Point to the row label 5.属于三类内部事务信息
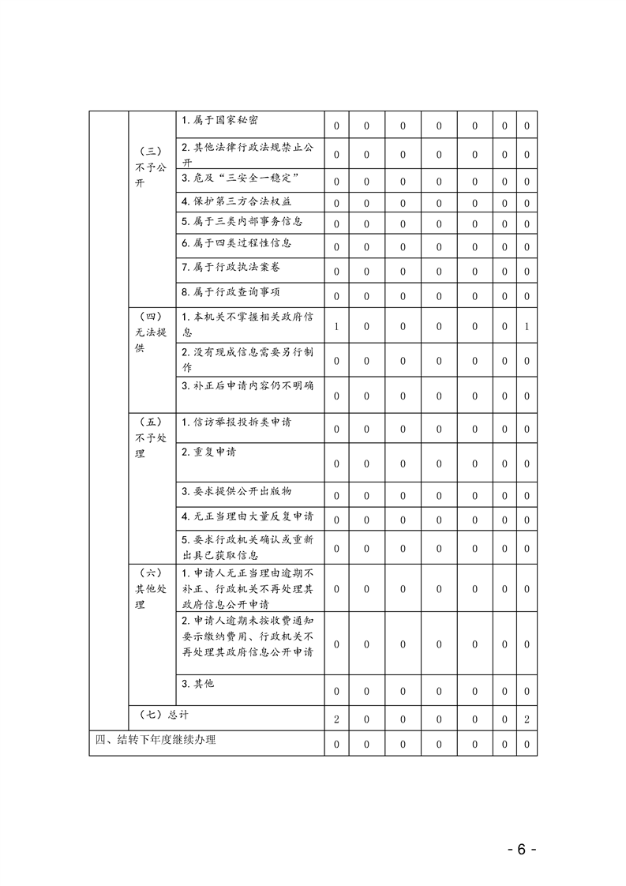pyautogui.click(x=242, y=222)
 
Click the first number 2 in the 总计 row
pyautogui.click(x=336, y=719)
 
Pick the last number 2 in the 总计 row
pyautogui.click(x=527, y=719)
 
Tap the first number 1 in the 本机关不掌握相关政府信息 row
pyautogui.click(x=336, y=326)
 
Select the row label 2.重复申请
pyautogui.click(x=208, y=452)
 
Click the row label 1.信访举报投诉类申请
pyautogui.click(x=236, y=422)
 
